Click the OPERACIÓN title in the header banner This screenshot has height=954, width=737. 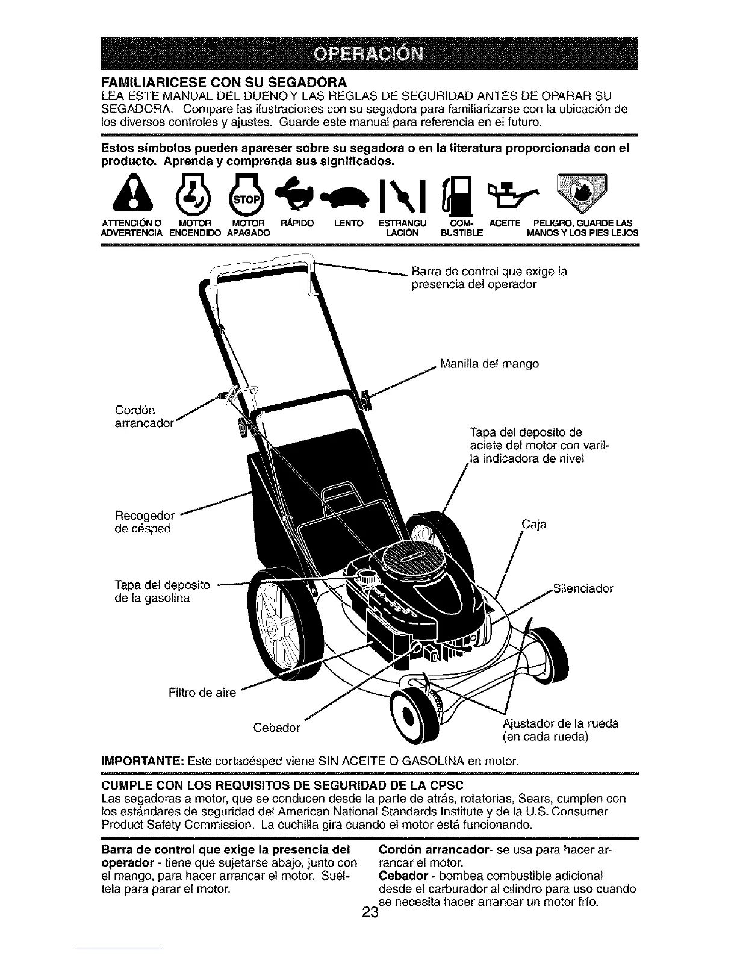368,54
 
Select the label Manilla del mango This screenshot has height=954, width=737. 490,364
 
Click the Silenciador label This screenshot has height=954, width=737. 582,588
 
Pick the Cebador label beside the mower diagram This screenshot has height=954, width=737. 277,728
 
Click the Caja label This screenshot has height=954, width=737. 534,524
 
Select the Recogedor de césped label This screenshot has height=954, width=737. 145,522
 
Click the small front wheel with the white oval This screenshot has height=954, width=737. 410,715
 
